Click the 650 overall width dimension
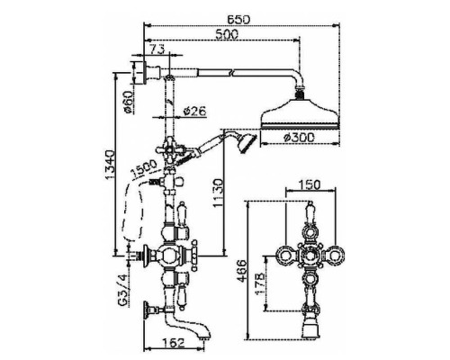(238, 19)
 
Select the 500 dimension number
(227, 34)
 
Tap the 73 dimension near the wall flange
(157, 49)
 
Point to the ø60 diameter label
(129, 102)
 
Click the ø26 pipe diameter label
(194, 111)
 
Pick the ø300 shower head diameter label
(299, 138)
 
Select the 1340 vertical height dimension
(110, 165)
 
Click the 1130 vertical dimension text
(218, 193)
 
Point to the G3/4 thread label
(123, 292)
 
